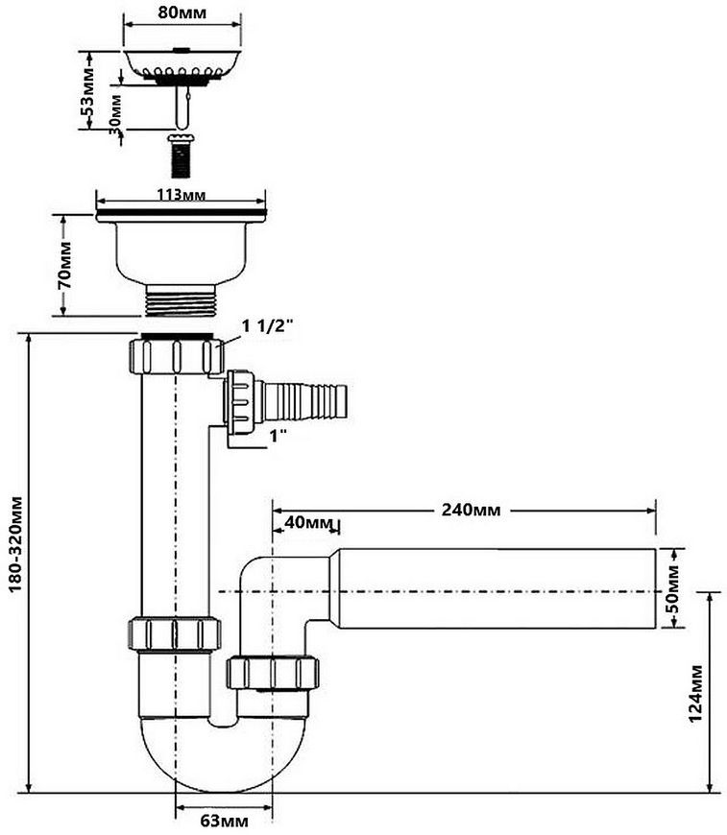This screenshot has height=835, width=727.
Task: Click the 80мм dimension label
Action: coord(182,12)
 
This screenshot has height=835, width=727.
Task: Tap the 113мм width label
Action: coord(181,195)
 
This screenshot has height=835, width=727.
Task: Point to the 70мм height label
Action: coord(65,265)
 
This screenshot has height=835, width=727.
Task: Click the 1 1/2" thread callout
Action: coord(268,326)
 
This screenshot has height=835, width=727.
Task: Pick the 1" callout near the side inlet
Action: coord(279,436)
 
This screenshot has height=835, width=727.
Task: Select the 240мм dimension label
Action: coord(472,511)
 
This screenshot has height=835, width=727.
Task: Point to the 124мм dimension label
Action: coord(696,693)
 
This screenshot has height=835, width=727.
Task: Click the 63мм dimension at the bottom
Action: coord(225,821)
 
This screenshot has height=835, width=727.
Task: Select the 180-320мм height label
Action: coord(16,543)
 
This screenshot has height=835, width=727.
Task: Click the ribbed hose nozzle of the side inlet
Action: coord(304,400)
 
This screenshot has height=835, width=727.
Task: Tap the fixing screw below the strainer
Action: coord(182,155)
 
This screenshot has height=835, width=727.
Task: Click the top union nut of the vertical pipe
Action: coord(176,354)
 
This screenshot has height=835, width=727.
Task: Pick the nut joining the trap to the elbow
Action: coord(273,673)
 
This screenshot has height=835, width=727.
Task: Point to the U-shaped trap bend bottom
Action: coord(224,761)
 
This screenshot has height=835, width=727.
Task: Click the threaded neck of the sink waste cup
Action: coord(181,299)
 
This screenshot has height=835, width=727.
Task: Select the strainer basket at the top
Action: coord(182,66)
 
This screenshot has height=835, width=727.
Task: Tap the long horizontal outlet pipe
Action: coord(497,588)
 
